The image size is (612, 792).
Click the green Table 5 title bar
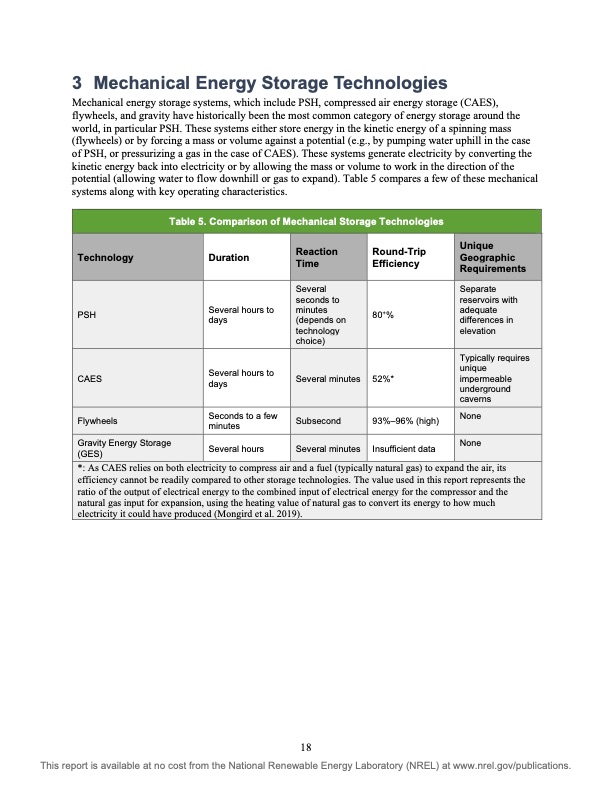(306, 221)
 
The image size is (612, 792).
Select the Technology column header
(105, 257)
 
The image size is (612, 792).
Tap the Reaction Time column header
(317, 257)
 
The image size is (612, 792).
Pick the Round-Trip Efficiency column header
(395, 257)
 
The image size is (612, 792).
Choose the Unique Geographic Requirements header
(492, 257)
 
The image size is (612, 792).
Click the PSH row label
(86, 316)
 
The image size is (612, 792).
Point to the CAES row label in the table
(90, 379)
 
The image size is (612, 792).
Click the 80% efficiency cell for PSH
(385, 316)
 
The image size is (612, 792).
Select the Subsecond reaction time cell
(319, 421)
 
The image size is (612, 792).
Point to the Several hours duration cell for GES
(235, 449)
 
